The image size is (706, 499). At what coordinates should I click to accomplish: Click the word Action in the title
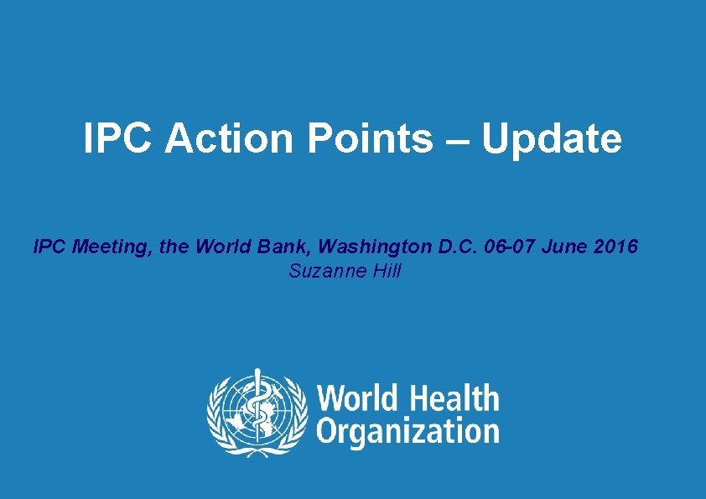[231, 138]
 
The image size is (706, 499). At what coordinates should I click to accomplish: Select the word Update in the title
[551, 138]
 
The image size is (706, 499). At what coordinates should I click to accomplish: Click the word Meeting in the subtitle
[100, 247]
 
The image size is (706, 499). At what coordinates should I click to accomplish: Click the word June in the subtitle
[562, 247]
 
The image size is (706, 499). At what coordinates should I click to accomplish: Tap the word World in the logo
[356, 398]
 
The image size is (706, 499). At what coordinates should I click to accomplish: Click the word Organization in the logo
[408, 431]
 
